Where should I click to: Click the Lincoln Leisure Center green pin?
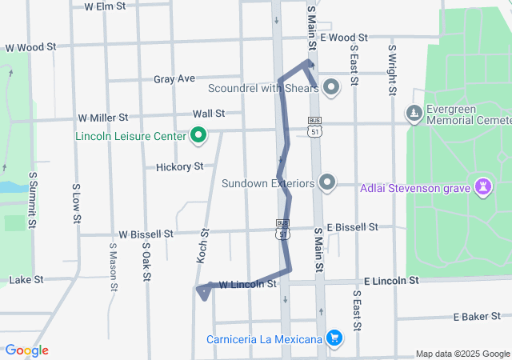(198, 136)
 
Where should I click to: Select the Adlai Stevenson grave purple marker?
(482, 188)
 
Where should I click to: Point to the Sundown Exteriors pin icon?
(326, 183)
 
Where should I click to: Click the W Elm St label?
(105, 6)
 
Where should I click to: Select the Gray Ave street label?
(174, 78)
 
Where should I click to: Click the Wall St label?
(208, 114)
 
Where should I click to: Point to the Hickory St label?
(181, 166)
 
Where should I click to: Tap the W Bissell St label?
(146, 234)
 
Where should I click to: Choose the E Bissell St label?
(352, 227)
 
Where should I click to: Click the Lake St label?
(26, 280)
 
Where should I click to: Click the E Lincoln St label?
(391, 282)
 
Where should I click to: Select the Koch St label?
(202, 246)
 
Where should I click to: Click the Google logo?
(26, 350)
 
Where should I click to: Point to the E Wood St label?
(343, 37)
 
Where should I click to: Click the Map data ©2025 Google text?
(462, 354)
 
